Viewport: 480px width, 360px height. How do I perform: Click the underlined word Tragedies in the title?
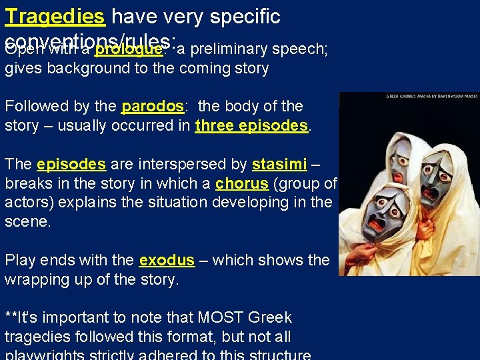55,16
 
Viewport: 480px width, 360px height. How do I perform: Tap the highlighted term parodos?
153,106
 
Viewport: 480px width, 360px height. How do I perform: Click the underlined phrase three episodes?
252,125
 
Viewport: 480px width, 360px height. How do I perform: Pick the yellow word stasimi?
279,165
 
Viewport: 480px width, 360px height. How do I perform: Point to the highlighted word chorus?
241,184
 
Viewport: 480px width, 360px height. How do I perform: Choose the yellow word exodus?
167,260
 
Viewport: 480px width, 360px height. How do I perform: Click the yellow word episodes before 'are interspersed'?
71,165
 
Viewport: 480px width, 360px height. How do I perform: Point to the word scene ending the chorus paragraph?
27,222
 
